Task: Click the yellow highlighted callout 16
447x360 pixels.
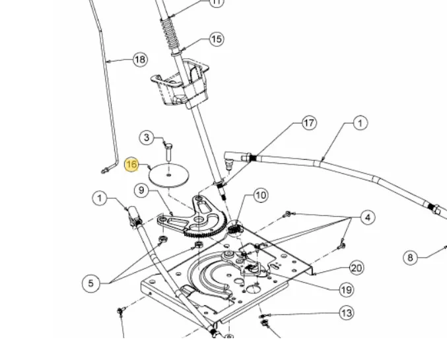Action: [131, 164]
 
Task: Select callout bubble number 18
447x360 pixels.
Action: [140, 59]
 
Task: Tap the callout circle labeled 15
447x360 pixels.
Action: [217, 39]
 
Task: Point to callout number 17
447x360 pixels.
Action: [309, 123]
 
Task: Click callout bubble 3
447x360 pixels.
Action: [147, 138]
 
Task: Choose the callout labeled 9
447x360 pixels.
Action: [141, 190]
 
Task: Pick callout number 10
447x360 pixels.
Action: [261, 196]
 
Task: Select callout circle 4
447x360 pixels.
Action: [368, 218]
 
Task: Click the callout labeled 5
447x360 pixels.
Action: [90, 283]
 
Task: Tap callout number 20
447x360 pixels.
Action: [357, 268]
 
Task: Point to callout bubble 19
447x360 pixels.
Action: [347, 290]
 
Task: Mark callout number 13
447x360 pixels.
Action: [347, 313]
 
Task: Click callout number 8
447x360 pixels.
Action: [410, 258]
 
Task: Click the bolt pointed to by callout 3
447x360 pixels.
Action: [168, 152]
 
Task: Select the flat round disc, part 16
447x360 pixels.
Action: [169, 175]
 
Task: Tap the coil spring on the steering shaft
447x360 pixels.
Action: [170, 34]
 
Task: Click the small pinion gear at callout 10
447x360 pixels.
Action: [236, 229]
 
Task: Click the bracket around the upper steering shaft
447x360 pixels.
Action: [181, 83]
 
